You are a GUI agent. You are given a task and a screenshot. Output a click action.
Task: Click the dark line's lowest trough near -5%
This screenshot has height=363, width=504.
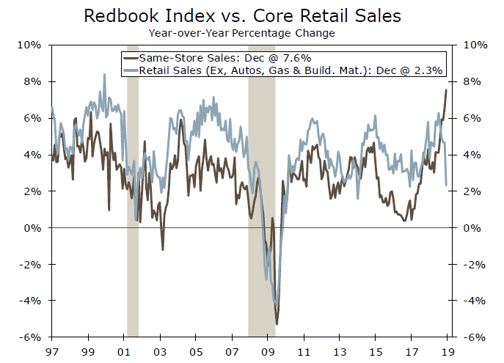point(277,323)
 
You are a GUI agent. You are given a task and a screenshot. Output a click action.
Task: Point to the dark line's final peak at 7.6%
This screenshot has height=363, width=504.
point(447,89)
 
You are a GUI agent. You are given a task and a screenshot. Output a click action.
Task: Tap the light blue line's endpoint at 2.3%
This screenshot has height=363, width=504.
point(447,185)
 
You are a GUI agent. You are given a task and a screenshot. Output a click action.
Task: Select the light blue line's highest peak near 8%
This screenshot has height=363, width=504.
point(103,74)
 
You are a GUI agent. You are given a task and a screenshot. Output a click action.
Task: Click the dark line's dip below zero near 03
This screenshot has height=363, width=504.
point(162,249)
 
